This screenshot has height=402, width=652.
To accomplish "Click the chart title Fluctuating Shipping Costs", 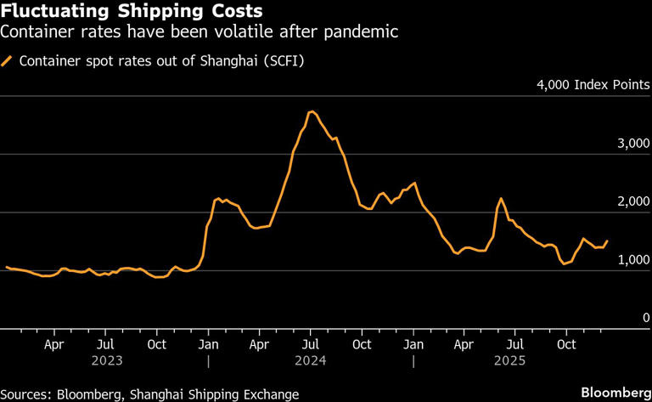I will coord(132,12).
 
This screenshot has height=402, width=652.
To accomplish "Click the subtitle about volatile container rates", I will coord(200,33).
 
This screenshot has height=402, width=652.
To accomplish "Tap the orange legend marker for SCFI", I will coord(8,61).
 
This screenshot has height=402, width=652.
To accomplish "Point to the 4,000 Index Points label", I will coord(593,85).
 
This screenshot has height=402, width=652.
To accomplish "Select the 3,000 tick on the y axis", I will coord(632,144).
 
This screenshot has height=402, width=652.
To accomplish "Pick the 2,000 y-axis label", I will coord(632,201).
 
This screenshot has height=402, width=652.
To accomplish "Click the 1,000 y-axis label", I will coord(632,259).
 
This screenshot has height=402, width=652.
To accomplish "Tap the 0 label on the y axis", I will coord(645,317).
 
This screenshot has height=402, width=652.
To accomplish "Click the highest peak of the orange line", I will coord(312,111).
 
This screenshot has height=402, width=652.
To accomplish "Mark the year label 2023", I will coord(105,360).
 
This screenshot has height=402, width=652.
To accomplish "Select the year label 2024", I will coord(312,360).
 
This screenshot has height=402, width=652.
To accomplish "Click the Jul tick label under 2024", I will coord(312,345).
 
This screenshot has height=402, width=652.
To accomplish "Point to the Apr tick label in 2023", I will coord(53,345).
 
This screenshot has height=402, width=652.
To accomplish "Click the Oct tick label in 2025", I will coord(567,345).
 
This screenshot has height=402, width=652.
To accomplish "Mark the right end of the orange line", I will coord(607,241).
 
